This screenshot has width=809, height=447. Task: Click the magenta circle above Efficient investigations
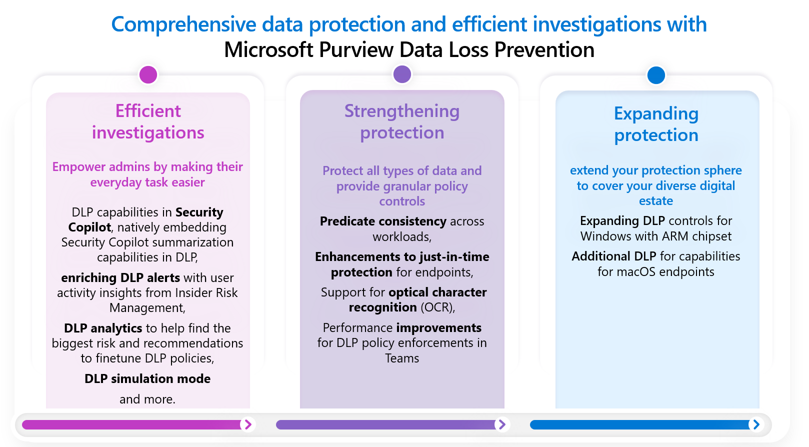(148, 74)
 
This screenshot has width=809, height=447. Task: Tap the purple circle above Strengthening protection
(402, 74)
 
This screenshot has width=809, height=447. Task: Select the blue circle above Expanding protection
(656, 75)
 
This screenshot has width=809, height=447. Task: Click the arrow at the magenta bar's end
(247, 424)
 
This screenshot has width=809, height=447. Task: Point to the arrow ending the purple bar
(501, 424)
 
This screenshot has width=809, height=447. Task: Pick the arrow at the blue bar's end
(756, 424)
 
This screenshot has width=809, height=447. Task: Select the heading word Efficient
(148, 111)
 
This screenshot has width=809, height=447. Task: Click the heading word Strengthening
(401, 111)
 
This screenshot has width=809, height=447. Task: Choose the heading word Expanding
(656, 113)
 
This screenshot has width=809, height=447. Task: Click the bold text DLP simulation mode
(147, 378)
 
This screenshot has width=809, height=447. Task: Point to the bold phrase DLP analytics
(103, 328)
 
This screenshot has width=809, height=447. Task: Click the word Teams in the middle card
(402, 358)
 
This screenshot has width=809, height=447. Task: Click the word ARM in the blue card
(675, 236)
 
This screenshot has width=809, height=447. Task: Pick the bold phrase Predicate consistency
(383, 221)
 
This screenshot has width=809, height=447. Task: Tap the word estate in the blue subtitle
(656, 201)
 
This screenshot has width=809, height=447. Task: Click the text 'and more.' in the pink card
(147, 399)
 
